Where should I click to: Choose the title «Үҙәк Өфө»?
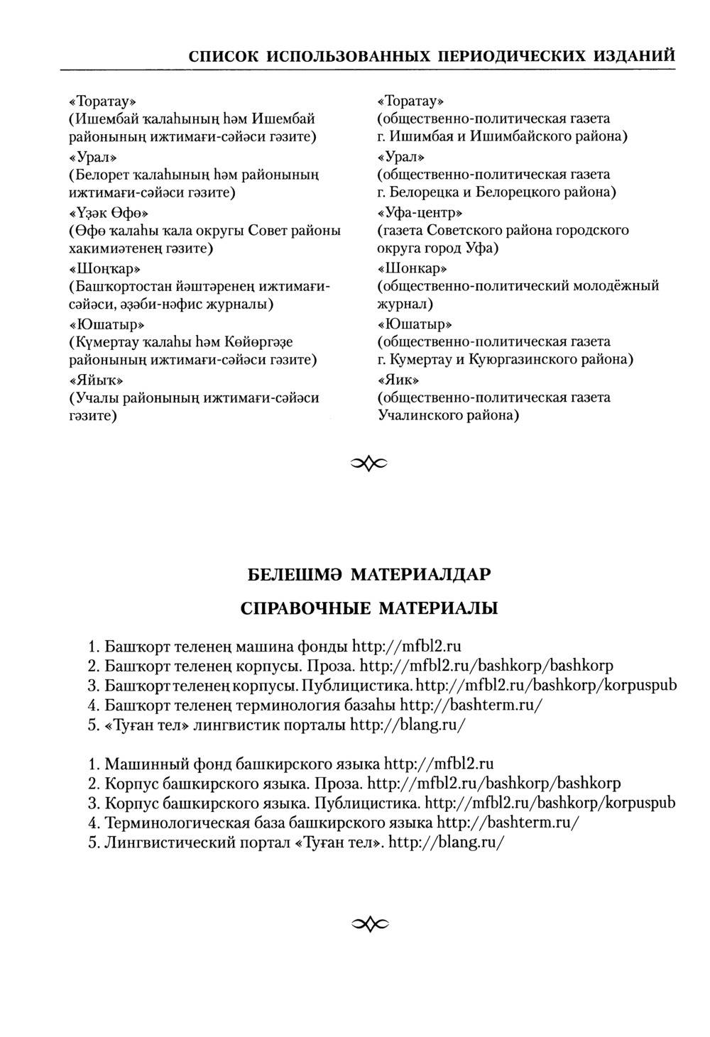(108, 212)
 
